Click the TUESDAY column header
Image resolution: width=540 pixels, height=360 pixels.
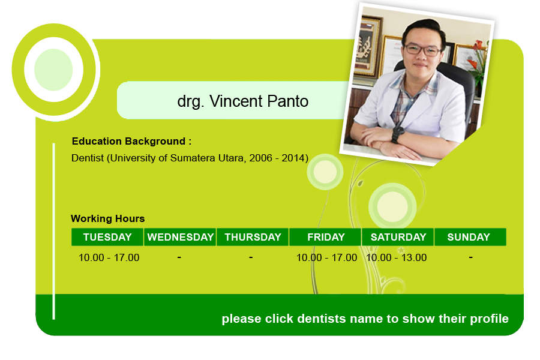[107, 237]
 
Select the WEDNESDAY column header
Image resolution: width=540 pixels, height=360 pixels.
[180, 237]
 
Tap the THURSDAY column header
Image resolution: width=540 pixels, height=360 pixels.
[253, 237]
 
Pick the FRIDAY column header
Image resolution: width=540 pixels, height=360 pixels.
[325, 237]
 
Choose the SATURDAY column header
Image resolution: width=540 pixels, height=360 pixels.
[398, 237]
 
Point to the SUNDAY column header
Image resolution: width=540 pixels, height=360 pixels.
[470, 237]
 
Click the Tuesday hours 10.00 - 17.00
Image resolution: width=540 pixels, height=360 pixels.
[109, 257]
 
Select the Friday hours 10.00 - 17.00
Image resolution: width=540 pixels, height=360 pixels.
[326, 257]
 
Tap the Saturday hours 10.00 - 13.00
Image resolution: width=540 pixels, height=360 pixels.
[397, 257]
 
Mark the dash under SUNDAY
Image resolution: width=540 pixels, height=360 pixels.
[471, 257]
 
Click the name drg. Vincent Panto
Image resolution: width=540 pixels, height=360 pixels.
[243, 101]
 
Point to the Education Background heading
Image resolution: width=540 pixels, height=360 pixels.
[131, 141]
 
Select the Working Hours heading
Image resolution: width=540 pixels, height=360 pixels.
[108, 218]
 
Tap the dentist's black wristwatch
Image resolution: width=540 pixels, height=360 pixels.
[398, 134]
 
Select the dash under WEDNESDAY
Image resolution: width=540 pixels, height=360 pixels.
[179, 257]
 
